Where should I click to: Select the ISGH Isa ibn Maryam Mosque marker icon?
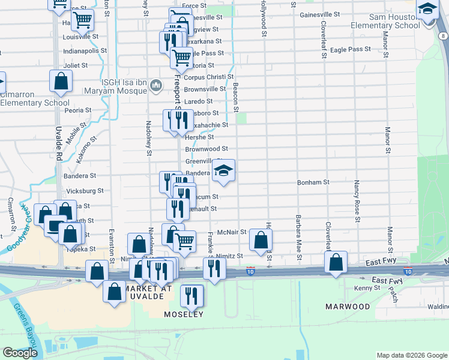coord(156,86)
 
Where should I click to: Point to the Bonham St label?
coord(313,182)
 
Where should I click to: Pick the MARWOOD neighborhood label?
coord(348,307)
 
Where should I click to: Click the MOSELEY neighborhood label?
coord(184,314)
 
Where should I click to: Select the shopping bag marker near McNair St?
coord(261,241)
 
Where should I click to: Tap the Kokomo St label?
coord(86,150)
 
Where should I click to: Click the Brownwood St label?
coord(206,149)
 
